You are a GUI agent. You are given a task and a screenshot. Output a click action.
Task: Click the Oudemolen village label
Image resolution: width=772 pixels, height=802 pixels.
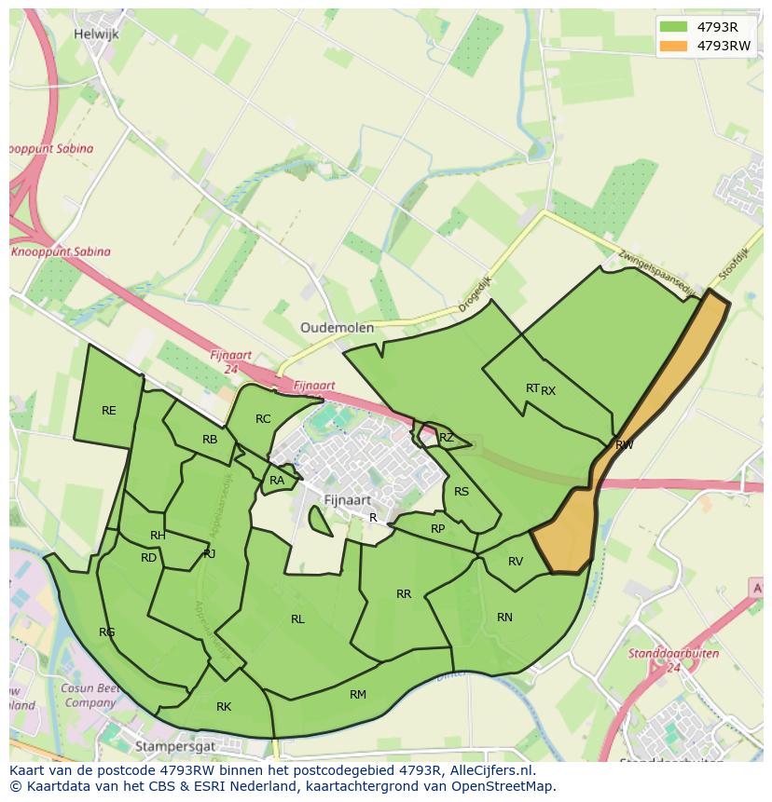(337, 328)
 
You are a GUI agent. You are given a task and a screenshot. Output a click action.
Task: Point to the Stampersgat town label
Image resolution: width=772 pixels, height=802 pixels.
(175, 746)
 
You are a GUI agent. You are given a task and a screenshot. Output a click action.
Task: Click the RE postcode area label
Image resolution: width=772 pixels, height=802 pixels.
(109, 411)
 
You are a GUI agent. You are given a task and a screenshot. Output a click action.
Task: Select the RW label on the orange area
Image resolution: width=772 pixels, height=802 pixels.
(624, 445)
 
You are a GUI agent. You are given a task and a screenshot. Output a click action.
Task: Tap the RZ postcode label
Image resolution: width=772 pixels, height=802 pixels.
(447, 438)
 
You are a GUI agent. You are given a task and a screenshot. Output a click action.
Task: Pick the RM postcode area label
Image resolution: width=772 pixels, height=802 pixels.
(358, 695)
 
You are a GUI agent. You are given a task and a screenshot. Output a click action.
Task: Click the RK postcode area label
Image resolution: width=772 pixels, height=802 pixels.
(224, 707)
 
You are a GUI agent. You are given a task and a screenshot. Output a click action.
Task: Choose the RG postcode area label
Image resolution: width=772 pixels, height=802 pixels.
(107, 632)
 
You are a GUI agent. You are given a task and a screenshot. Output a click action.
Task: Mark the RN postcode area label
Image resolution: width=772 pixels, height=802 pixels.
(504, 618)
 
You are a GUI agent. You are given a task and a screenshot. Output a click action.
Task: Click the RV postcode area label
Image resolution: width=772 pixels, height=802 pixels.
(516, 562)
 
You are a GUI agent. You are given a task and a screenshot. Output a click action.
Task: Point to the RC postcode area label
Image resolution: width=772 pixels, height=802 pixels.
(263, 419)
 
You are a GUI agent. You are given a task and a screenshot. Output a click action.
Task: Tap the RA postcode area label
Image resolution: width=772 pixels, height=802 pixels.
(277, 481)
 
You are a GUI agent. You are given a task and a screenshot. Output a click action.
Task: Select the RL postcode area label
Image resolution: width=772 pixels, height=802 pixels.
(297, 619)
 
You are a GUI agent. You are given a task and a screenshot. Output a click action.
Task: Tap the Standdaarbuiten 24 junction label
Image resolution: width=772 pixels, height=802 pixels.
(661, 660)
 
